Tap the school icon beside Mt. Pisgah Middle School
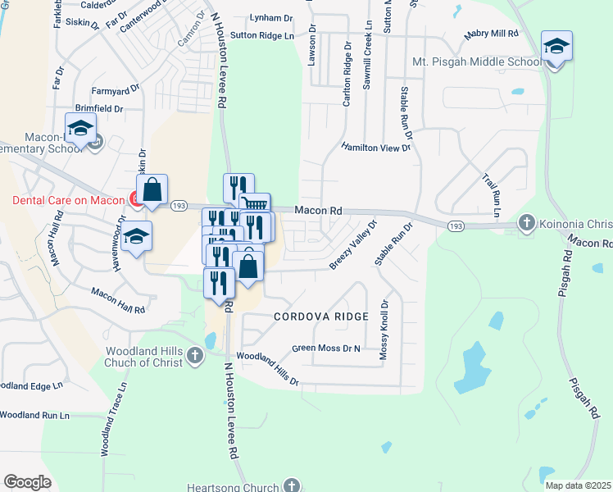556,47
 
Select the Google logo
27,481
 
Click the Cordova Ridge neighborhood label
321,316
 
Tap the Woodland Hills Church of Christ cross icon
195,355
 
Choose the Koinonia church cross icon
527,223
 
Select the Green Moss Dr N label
326,348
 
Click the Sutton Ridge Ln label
261,36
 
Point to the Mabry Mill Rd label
492,34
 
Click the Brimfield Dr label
98,108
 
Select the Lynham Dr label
271,18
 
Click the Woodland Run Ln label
34,416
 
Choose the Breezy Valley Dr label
353,244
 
